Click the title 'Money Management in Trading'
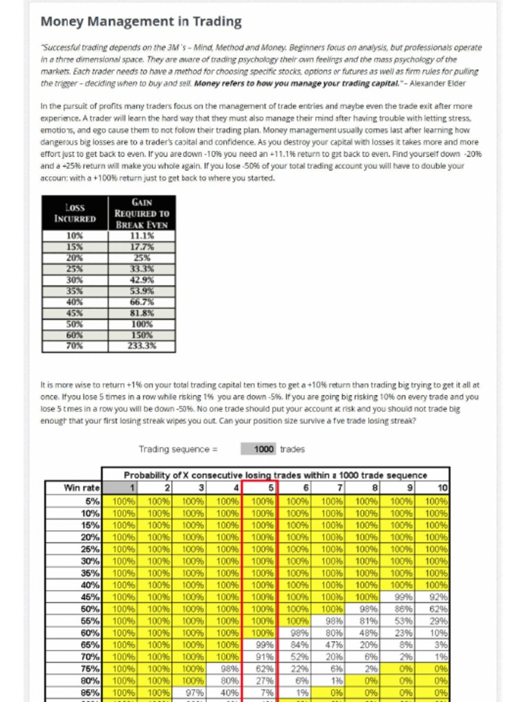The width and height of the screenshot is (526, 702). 140,21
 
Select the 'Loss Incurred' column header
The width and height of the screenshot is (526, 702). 75,213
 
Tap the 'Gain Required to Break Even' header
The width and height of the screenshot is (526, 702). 142,213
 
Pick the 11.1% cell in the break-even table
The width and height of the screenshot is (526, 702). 142,235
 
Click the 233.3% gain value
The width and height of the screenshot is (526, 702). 142,346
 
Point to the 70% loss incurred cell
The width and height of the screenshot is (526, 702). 75,346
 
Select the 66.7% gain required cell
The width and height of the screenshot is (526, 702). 142,302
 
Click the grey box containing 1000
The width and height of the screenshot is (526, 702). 259,449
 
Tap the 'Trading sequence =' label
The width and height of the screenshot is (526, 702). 177,449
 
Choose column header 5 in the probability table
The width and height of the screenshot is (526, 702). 260,487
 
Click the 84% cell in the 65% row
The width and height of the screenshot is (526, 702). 297,645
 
